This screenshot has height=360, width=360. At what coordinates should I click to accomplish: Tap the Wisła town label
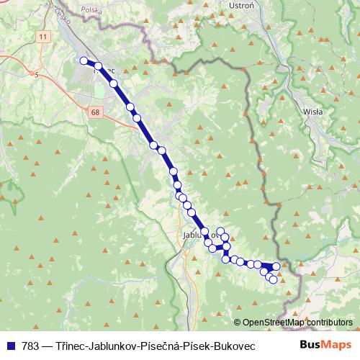point(313,112)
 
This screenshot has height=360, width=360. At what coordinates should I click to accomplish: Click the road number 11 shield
point(44,36)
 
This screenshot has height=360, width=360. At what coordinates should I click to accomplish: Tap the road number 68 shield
point(96,112)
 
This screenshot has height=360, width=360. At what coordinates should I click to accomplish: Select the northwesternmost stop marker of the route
point(84,61)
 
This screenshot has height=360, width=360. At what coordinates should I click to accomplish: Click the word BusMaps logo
point(325,346)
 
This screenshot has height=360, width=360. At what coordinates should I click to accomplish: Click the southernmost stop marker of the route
point(274,279)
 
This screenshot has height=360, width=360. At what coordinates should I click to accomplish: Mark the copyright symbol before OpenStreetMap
point(237,323)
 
